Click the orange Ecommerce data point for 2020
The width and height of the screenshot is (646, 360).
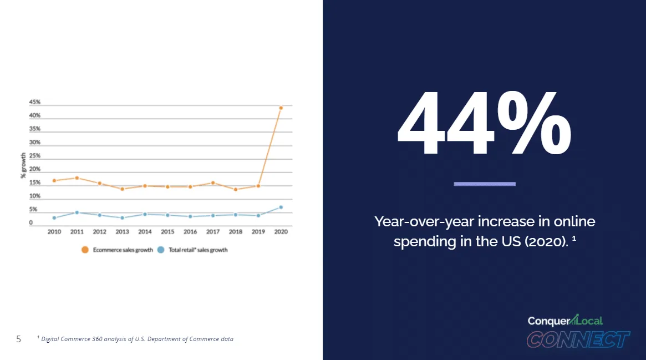[281, 108]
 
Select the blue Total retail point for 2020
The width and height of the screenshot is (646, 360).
[281, 207]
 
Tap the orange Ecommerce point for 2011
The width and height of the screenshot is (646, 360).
[77, 178]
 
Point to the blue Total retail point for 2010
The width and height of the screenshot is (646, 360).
[54, 218]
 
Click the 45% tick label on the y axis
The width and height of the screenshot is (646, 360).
[34, 102]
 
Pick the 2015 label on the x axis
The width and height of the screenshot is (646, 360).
[167, 232]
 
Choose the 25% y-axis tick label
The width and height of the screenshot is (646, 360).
[34, 156]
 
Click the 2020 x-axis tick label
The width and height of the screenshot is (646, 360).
[281, 232]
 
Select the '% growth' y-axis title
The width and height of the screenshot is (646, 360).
[23, 165]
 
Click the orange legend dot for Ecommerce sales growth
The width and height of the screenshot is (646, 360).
[85, 250]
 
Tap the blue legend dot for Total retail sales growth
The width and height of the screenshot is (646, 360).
[161, 250]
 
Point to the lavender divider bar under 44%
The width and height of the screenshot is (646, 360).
[485, 184]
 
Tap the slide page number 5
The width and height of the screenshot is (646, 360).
[18, 339]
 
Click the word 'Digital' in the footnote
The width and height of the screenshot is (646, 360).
[51, 339]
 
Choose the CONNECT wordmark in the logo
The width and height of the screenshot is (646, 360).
[578, 339]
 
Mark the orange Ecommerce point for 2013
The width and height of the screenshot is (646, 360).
[122, 189]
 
